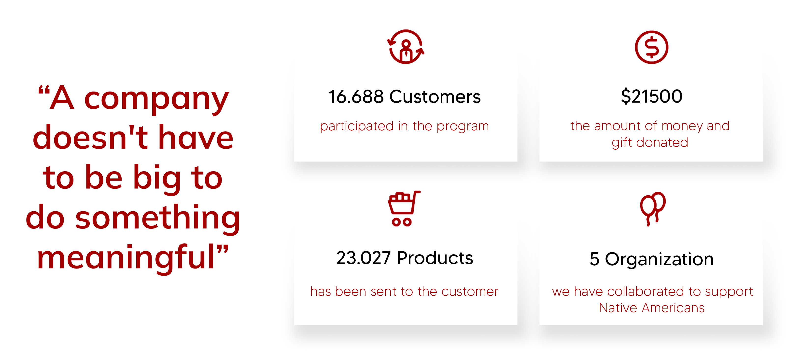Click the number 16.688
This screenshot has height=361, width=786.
356,97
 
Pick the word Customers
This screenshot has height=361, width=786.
435,97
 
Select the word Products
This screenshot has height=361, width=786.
435,258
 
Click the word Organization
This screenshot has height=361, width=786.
659,259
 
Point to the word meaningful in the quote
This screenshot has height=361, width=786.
126,258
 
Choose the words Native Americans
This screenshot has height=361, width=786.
651,308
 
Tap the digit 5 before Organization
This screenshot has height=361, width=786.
594,259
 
